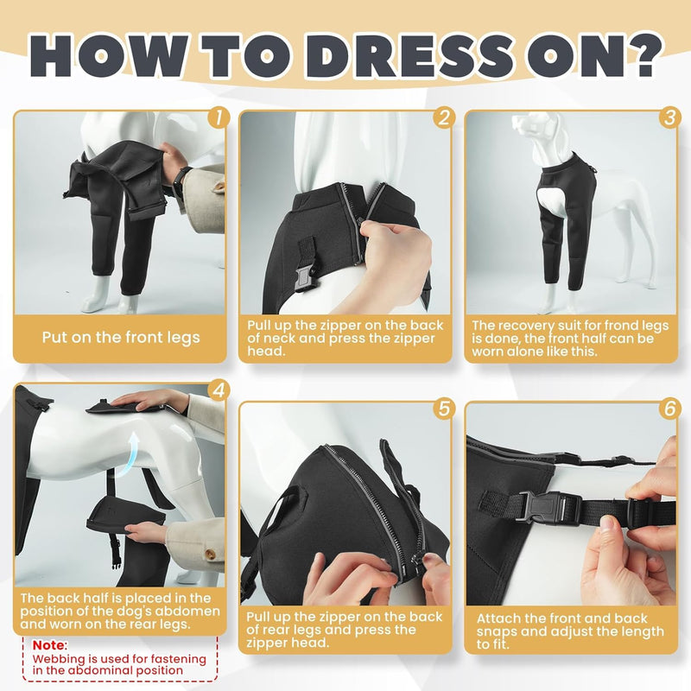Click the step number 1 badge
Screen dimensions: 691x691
[x=219, y=117]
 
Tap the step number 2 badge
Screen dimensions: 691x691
[x=444, y=117]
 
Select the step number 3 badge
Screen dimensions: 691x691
[x=669, y=117]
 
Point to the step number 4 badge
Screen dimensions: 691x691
[x=219, y=390]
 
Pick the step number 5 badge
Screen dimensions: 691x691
[x=444, y=409]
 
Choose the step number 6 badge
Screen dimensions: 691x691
[x=669, y=409]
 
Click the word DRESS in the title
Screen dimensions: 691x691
[x=409, y=57]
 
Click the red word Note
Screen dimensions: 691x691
[x=48, y=645]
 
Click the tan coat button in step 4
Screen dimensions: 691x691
[x=212, y=554]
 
